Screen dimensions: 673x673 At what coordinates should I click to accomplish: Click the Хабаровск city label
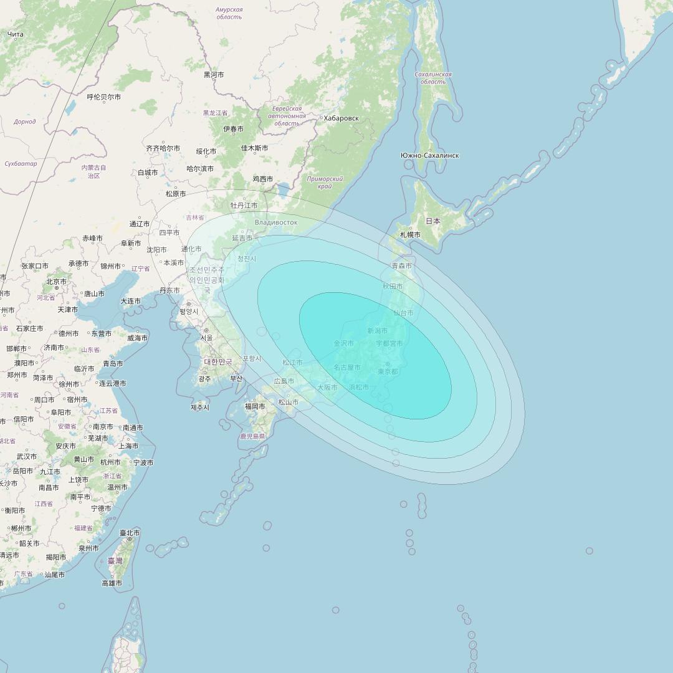click(340, 118)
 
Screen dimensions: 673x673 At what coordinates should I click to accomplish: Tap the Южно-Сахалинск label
click(430, 155)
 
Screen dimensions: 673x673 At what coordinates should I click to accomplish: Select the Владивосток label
click(276, 222)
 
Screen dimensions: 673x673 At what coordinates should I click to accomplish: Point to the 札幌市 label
click(410, 235)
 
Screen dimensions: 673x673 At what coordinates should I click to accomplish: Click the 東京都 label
click(387, 371)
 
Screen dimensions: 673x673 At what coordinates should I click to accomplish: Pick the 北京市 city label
click(56, 282)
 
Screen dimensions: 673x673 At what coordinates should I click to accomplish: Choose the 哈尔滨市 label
click(200, 169)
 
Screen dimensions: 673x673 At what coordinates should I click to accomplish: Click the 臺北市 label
click(130, 533)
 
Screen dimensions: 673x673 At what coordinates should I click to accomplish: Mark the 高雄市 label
click(112, 583)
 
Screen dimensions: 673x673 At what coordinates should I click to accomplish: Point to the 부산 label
click(236, 378)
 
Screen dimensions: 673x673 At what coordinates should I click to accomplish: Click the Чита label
click(16, 34)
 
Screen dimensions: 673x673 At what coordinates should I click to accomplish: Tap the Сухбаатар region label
click(21, 164)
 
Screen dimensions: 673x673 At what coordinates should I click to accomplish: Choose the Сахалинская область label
click(433, 78)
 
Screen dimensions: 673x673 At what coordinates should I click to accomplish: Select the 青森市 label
click(402, 266)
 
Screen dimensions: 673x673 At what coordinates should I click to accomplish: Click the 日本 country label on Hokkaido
click(433, 221)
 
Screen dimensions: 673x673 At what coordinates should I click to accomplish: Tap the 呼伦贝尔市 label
click(104, 97)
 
